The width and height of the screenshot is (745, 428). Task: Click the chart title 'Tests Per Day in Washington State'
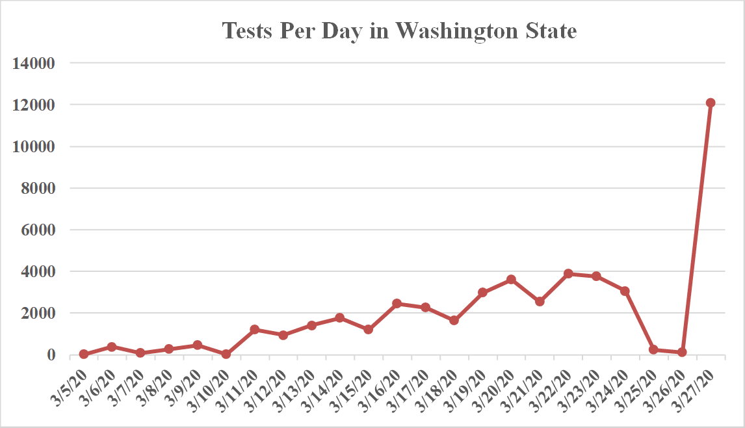pyautogui.click(x=399, y=31)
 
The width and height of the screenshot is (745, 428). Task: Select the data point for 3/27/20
pyautogui.click(x=711, y=103)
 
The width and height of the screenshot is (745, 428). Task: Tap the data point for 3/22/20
pyautogui.click(x=568, y=274)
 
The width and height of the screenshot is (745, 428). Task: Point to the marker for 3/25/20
pyautogui.click(x=653, y=349)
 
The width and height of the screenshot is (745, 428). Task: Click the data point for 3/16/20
pyautogui.click(x=397, y=304)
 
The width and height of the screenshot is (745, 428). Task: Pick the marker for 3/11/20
pyautogui.click(x=255, y=330)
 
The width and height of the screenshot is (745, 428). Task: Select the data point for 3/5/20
pyautogui.click(x=84, y=354)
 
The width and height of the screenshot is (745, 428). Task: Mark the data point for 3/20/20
pyautogui.click(x=511, y=280)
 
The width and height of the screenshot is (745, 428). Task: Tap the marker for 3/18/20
pyautogui.click(x=454, y=321)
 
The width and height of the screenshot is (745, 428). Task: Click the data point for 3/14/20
pyautogui.click(x=340, y=318)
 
